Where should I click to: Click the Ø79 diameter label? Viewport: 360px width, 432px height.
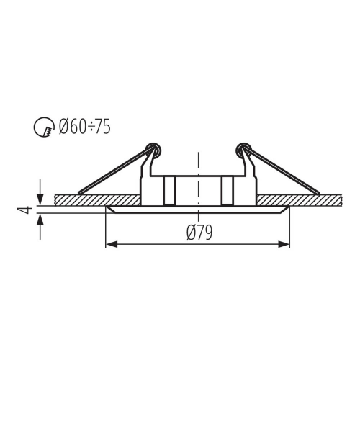(199, 233)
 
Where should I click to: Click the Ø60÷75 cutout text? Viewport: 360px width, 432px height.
(85, 127)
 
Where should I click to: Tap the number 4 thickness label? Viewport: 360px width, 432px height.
(24, 210)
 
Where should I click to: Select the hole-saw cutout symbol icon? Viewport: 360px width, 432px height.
(43, 127)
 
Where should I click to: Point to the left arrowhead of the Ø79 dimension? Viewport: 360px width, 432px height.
(112, 244)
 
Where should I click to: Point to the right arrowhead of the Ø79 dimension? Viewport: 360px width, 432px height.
(284, 244)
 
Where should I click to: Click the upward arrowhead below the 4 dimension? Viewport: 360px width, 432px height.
(40, 220)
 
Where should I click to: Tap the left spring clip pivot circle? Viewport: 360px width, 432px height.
(153, 150)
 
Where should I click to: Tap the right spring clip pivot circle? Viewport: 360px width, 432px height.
(244, 150)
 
